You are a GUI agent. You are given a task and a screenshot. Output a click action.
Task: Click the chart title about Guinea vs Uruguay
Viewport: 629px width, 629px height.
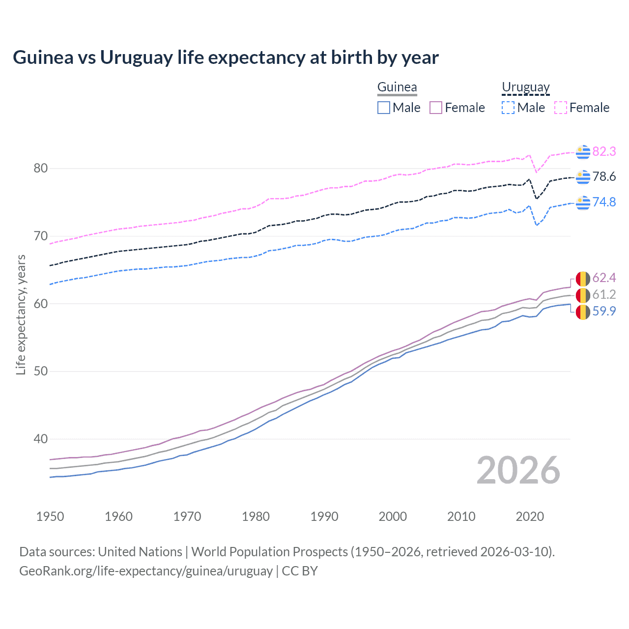pos(226,57)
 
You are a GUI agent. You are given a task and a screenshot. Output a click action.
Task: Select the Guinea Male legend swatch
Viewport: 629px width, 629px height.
pos(384,108)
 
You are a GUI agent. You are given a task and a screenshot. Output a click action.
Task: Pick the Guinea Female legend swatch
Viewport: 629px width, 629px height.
pos(436,108)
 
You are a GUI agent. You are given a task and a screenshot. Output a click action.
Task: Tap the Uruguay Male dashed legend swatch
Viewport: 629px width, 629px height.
pos(508,108)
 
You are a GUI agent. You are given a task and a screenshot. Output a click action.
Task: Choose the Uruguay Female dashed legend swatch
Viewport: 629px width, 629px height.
pos(561,108)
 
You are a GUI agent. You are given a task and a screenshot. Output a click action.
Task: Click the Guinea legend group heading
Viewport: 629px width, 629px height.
pos(397,87)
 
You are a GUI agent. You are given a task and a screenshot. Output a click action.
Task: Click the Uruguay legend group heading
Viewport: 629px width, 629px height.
pos(525,87)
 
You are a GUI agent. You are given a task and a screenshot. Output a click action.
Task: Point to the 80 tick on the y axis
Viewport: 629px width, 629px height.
pos(40,169)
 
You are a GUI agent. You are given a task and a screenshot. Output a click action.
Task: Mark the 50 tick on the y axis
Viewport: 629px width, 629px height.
pos(40,372)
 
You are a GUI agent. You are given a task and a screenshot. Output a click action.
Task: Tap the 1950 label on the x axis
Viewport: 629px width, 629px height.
pos(50,516)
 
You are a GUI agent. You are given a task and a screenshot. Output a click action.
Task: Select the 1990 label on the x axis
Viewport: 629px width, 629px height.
pos(324,516)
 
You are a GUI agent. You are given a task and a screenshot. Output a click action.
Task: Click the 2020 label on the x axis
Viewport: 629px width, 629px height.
pos(530,516)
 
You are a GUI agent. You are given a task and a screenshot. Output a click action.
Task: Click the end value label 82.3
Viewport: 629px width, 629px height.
pos(604,152)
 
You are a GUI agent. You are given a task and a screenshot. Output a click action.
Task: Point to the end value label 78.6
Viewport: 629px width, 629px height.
pos(604,177)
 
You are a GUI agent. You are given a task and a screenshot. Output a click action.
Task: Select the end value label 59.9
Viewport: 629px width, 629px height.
pos(604,312)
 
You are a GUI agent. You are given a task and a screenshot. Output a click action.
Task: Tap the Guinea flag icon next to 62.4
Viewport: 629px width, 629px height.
pos(583,279)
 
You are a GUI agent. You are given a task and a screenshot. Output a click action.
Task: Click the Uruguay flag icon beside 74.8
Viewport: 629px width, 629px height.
pos(583,202)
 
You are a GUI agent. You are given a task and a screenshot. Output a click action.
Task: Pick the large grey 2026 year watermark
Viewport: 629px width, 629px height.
pos(518,470)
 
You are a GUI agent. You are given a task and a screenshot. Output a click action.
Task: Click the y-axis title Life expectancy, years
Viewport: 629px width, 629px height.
pos(21,314)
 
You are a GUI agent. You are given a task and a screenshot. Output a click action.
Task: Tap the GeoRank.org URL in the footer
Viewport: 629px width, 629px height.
pos(146,571)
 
